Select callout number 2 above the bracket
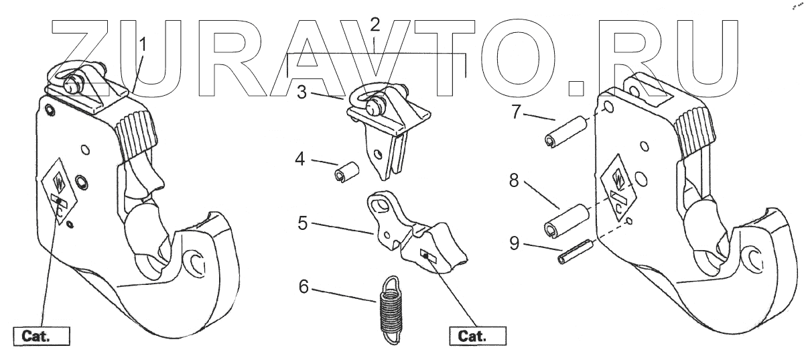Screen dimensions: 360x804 tap(375, 26)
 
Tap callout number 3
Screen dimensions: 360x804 tap(302, 93)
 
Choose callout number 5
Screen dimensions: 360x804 tap(303, 221)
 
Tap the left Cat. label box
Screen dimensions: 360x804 tap(41, 335)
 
